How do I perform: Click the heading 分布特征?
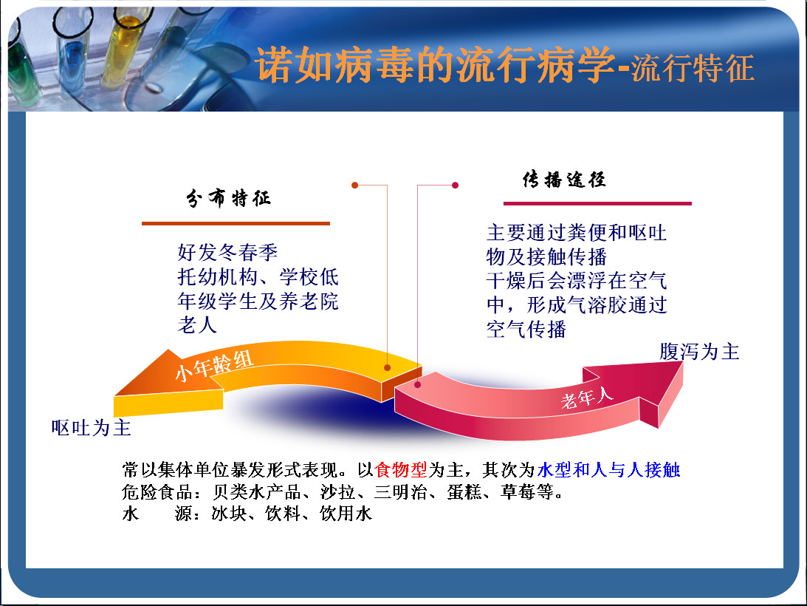click(x=228, y=198)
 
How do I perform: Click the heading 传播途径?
click(x=564, y=180)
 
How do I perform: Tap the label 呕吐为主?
click(x=91, y=428)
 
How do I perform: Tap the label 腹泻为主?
click(x=699, y=352)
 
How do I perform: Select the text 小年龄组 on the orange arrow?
click(x=214, y=365)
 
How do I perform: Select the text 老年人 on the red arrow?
click(x=587, y=398)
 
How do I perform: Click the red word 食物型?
click(x=401, y=469)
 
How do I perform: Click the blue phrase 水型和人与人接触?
click(x=608, y=469)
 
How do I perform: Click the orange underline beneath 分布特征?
click(x=236, y=224)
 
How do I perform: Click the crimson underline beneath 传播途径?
click(x=597, y=203)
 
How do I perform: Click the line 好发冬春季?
click(x=227, y=253)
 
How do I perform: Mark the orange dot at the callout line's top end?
click(x=354, y=185)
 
